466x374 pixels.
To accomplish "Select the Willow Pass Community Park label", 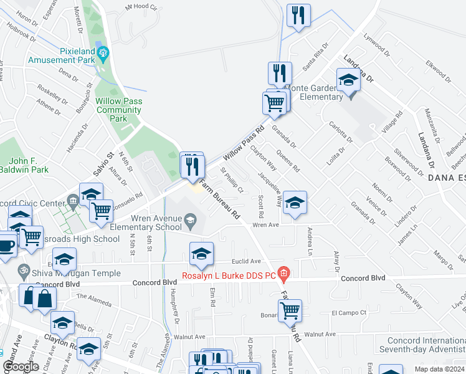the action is click(119, 110).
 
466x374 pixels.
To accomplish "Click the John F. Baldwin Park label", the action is click(24, 165).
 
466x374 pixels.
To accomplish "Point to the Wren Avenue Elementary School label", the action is click(156, 223).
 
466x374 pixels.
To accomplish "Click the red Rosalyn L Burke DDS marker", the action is click(284, 272).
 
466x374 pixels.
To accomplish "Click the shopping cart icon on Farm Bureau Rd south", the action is click(290, 309).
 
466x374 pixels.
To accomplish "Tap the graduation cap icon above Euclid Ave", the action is click(201, 253).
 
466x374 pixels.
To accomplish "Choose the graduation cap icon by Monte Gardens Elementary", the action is click(348, 79).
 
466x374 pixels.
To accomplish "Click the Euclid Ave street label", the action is click(247, 262).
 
